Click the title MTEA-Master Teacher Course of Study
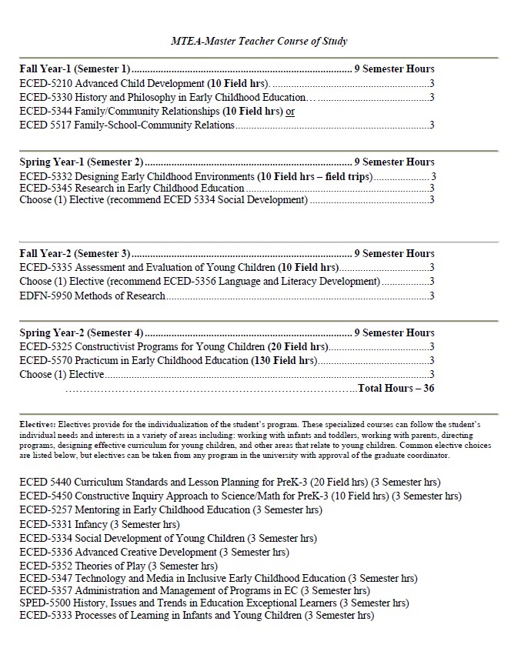tap(259, 41)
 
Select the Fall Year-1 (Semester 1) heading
tap(75, 68)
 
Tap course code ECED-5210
tap(45, 83)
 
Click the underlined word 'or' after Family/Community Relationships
tap(290, 111)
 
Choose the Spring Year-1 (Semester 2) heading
tap(81, 162)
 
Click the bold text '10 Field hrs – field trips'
tap(315, 176)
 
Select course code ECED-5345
tap(45, 188)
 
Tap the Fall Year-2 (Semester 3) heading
tap(75, 253)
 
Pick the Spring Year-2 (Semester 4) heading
tap(81, 332)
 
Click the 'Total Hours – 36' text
tap(396, 388)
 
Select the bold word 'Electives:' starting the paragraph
tap(38, 424)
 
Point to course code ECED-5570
tap(45, 360)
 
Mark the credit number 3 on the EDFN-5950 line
tap(432, 296)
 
